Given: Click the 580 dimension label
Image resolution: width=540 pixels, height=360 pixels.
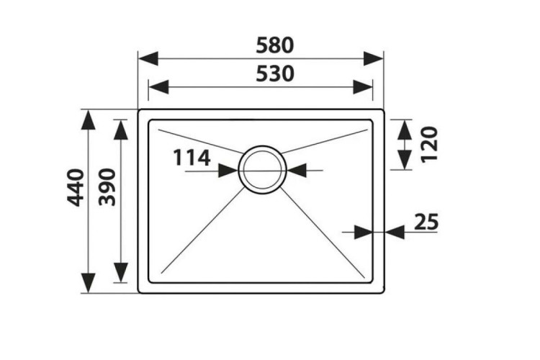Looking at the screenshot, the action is pos(275,45).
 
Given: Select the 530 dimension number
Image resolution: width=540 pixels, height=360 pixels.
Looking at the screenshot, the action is pos(275,74).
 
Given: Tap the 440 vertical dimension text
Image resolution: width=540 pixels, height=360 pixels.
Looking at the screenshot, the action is pos(76,187).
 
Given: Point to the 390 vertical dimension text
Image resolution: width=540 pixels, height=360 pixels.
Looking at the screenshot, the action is pos(107,187).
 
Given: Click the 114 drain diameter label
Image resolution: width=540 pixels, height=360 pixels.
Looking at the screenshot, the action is pos(192,158).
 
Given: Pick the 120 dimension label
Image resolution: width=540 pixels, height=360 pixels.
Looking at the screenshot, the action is pos(429,144).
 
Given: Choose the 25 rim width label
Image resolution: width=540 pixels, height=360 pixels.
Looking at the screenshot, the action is pos(426,222).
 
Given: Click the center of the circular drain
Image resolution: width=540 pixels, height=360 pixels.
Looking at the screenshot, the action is pos(262,169).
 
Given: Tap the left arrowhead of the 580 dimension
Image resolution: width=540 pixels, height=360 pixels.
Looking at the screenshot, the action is pos(148,58).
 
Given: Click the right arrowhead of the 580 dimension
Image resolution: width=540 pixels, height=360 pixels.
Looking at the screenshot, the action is pos(373,58).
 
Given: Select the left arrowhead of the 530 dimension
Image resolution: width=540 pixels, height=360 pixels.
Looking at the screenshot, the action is pos(158,87).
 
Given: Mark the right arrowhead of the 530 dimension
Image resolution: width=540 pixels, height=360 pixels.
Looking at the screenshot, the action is pos(363,87).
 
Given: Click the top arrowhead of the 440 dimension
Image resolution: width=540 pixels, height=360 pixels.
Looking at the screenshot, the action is pos(88,120).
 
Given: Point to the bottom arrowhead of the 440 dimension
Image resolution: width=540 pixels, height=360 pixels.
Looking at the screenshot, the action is pos(88,283).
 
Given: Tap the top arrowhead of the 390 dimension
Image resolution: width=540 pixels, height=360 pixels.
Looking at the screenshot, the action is pos(120,130).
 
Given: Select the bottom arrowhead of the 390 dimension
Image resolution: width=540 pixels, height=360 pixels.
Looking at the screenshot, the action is pos(120,273).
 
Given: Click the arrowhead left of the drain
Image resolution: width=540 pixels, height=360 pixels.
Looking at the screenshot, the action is pos(228,171).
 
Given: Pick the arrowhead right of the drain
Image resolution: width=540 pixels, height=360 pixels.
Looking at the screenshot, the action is pos(297,170).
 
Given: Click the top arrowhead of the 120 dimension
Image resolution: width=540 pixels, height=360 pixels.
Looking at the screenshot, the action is pos(405,130).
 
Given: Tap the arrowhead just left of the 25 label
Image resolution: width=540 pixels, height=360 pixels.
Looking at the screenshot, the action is pos(395,232).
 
